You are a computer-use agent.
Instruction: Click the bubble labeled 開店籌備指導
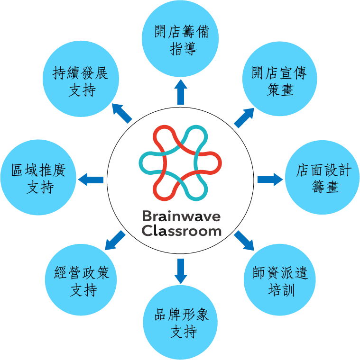(181, 41)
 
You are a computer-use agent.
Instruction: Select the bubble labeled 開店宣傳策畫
(279, 81)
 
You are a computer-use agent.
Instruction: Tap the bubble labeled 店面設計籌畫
(322, 178)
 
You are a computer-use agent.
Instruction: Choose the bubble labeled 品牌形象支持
(181, 323)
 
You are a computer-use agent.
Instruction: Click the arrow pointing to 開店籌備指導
(181, 92)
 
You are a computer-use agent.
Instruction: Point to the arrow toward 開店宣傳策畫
(244, 117)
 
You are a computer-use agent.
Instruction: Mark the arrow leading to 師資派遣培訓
(245, 241)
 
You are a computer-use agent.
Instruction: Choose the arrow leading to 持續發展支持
(122, 113)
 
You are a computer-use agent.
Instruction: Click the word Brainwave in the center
(181, 216)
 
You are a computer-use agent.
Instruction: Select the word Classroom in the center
(181, 231)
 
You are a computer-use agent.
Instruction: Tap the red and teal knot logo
(181, 163)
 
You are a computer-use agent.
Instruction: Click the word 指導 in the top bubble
(183, 49)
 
